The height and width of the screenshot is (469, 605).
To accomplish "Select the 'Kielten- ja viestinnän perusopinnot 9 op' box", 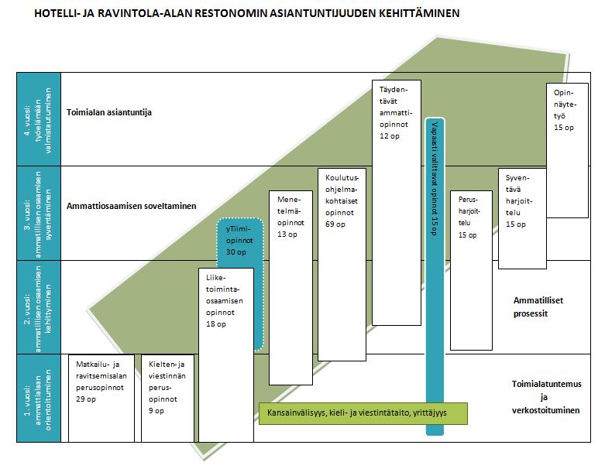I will (x=167, y=397).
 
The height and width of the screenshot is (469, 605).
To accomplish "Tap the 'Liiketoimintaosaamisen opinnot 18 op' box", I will (x=226, y=325).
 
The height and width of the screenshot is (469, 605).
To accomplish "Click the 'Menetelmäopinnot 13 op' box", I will (x=290, y=286).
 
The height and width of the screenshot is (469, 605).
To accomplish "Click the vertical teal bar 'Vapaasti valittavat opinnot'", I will (x=435, y=271).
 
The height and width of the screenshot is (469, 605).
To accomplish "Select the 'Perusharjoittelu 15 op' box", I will (x=471, y=271).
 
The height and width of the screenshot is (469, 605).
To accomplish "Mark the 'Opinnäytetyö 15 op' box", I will (x=567, y=147).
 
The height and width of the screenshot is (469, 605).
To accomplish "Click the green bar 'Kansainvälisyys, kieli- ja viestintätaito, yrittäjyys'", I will (x=363, y=413).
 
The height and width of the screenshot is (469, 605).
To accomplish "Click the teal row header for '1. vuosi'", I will (x=38, y=398).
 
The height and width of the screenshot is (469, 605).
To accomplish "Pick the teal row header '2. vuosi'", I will (x=38, y=306).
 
